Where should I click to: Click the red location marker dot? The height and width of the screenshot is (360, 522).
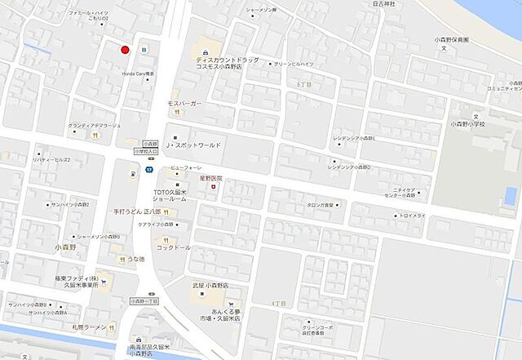click(125, 50)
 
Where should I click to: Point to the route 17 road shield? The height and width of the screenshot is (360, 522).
click(149, 170)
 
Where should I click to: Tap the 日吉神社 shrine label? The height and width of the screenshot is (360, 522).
click(383, 4)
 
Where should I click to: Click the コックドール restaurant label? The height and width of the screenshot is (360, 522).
click(174, 247)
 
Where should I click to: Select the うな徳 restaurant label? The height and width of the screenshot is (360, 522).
click(135, 260)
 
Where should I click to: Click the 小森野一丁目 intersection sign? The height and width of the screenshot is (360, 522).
click(147, 300)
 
